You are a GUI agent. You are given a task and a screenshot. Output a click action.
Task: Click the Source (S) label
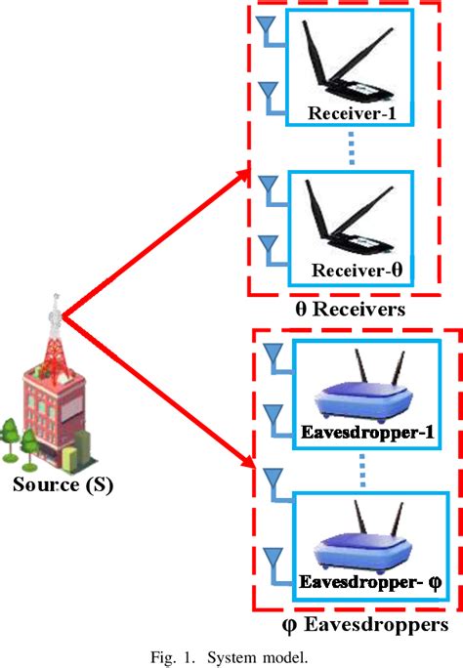tap(62, 482)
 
